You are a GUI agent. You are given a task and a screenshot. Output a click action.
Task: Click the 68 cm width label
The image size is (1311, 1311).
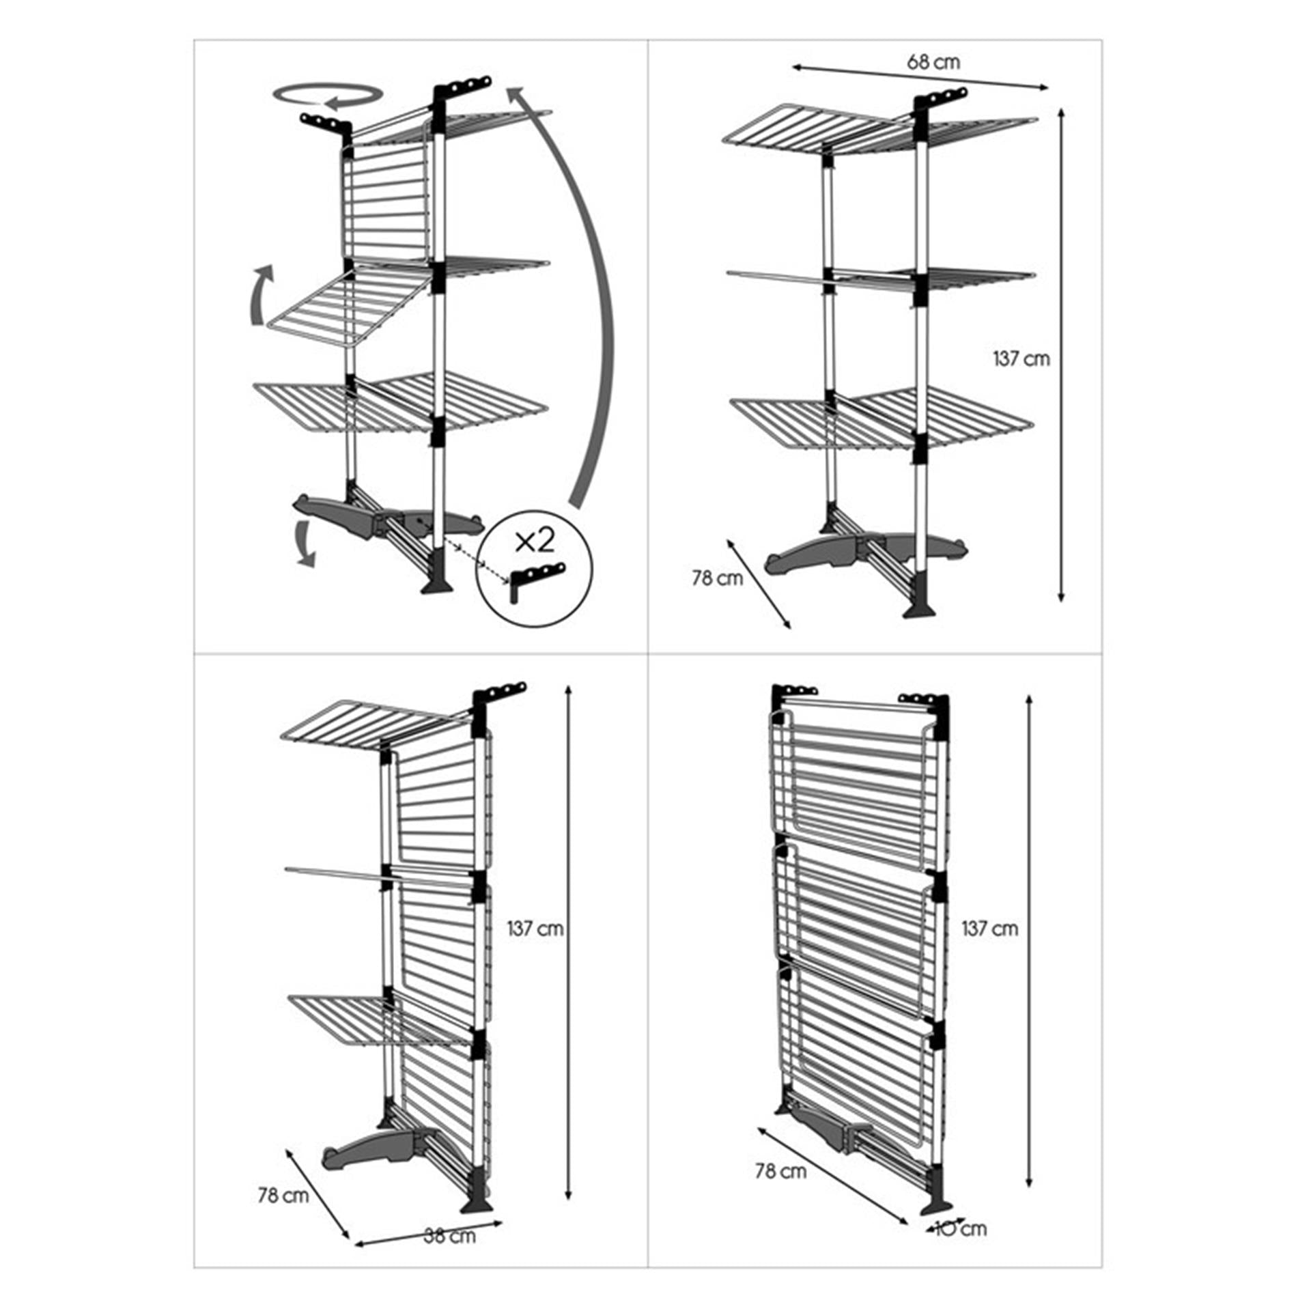point(933,62)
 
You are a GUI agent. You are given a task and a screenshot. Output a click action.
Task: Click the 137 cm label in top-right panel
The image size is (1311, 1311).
point(1021,358)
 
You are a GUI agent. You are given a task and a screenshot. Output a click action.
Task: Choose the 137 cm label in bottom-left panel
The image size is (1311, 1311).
point(535,929)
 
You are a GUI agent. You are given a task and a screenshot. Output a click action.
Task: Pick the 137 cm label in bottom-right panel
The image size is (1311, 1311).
point(989,929)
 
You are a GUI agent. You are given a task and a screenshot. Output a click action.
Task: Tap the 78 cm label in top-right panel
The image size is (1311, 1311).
point(717,578)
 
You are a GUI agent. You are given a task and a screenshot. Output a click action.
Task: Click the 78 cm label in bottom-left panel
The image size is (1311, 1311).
point(283,1196)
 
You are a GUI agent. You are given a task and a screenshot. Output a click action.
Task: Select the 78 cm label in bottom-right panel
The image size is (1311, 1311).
point(780,1171)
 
